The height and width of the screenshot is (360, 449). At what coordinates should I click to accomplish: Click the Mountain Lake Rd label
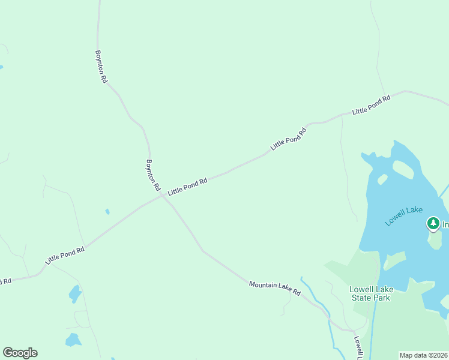274,287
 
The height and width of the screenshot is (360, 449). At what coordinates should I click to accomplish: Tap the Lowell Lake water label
404,216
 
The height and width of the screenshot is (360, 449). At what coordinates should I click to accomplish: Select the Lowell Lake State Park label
371,293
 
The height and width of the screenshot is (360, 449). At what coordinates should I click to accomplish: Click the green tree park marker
433,224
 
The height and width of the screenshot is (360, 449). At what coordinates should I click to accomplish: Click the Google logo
20,353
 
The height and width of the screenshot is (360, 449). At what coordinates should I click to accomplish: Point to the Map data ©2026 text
424,355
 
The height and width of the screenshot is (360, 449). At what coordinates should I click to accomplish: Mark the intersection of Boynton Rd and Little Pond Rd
161,196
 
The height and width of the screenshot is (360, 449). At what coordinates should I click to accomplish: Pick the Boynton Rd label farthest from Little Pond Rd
100,66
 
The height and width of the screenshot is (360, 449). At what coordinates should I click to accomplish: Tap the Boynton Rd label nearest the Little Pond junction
153,175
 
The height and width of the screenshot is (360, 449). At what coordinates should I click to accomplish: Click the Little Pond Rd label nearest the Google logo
64,256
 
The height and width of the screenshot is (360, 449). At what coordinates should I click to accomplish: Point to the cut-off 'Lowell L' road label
357,347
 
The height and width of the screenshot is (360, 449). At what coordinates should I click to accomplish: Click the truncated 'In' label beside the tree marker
445,225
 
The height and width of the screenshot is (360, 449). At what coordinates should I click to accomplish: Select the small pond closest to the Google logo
73,340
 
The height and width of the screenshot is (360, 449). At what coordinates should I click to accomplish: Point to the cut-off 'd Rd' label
5,281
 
